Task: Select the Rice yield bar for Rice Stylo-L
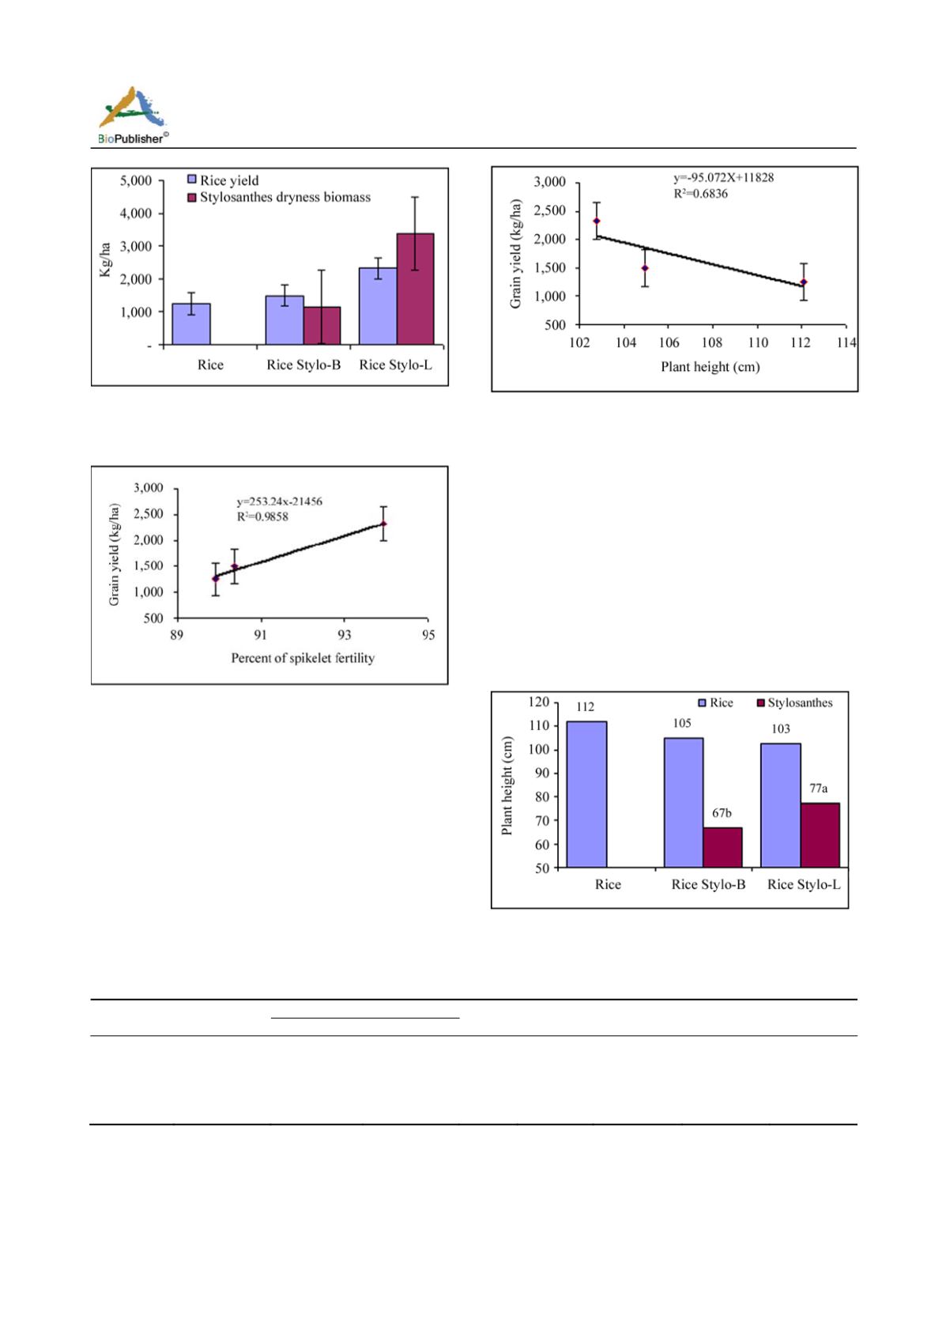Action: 378,306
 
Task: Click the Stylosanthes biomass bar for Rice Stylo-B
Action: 322,326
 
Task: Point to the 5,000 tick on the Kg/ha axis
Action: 135,180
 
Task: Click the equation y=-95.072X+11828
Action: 723,178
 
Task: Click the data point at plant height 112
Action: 804,282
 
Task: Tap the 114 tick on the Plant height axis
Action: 846,343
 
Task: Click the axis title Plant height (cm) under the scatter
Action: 710,367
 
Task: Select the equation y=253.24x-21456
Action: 280,501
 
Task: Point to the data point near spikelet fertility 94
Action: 384,524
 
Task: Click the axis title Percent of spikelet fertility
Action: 303,658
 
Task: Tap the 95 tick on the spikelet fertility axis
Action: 428,634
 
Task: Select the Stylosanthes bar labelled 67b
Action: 723,847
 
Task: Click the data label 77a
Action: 819,789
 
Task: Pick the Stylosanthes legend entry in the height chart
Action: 794,702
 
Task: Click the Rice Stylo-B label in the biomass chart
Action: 303,365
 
